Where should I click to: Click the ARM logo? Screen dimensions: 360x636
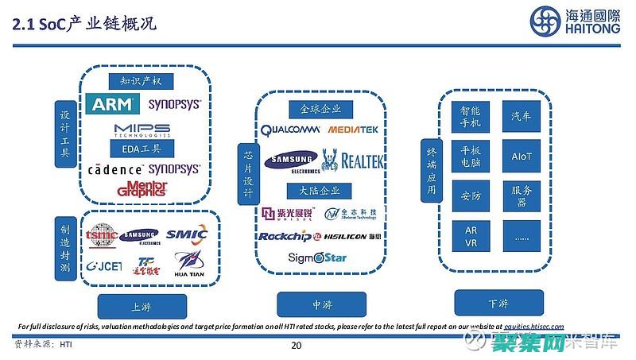[x=115, y=104]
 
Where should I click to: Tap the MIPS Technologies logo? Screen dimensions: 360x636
[x=142, y=130]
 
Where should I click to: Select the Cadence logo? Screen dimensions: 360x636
[x=116, y=169]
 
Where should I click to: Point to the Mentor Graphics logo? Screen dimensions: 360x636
[x=142, y=188]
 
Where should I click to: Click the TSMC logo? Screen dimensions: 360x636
[x=102, y=234]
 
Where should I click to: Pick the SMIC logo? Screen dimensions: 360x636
[x=187, y=234]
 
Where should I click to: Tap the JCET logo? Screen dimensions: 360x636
[x=104, y=265]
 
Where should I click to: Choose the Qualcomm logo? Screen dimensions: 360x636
[x=290, y=129]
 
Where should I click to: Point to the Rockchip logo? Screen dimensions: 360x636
[x=284, y=236]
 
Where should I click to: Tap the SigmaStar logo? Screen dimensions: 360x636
[x=318, y=258]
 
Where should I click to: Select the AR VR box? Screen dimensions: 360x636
[x=471, y=236]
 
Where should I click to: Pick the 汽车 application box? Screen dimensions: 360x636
[x=522, y=117]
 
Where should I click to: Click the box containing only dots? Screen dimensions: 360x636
[x=522, y=236]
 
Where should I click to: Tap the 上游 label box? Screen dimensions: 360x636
[x=142, y=306]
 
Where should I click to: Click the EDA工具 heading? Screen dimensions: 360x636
[x=142, y=148]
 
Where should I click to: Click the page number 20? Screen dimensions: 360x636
[x=297, y=346]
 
